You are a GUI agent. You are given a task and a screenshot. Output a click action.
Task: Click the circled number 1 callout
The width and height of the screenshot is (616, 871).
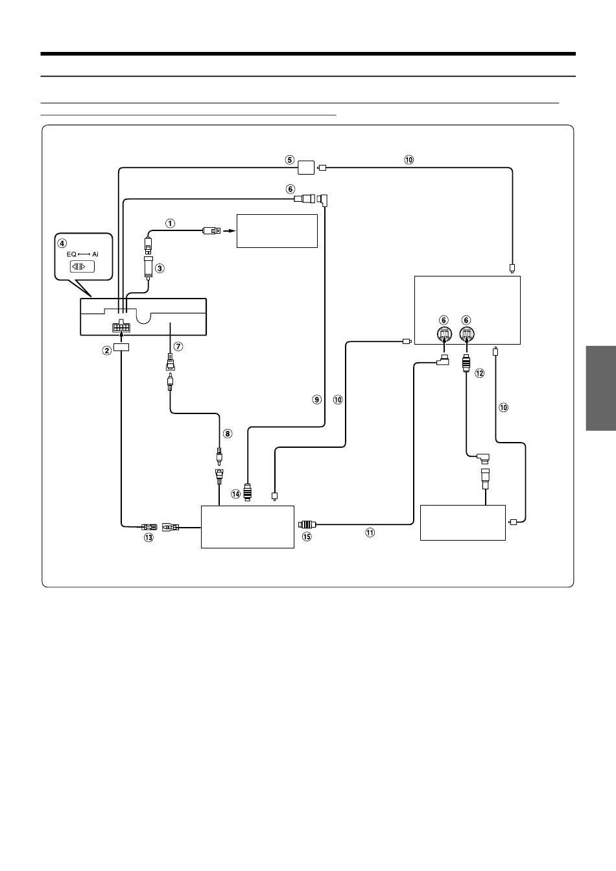(x=170, y=223)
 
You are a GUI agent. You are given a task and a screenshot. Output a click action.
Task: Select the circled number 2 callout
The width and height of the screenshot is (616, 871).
(x=107, y=350)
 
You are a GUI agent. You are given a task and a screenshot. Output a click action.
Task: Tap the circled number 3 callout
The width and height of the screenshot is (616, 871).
(x=160, y=268)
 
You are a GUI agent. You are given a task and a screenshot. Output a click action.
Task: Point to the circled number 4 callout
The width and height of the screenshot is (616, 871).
(x=62, y=243)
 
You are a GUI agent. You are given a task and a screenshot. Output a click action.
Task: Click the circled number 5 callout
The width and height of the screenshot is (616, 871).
(x=289, y=160)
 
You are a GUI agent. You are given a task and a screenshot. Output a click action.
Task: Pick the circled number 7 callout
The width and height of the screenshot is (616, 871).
(x=178, y=347)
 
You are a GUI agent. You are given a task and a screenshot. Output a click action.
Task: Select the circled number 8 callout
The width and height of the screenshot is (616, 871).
(x=228, y=434)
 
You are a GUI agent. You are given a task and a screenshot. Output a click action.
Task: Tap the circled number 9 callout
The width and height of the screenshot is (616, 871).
(x=317, y=400)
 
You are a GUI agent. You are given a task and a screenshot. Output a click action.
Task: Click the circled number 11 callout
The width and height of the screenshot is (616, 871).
(x=370, y=533)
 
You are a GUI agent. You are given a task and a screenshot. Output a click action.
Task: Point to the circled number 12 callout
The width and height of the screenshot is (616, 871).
(x=480, y=373)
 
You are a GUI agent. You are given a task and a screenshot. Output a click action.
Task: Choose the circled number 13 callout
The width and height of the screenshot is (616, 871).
(x=148, y=537)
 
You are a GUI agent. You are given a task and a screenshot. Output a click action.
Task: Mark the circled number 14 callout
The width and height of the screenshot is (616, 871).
(x=236, y=494)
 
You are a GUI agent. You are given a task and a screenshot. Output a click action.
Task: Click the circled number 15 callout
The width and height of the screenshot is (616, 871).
(x=307, y=537)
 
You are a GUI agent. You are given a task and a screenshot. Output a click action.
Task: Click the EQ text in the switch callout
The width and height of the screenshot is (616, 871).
(x=71, y=254)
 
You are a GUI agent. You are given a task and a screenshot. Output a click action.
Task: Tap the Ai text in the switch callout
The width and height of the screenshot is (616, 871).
(x=95, y=254)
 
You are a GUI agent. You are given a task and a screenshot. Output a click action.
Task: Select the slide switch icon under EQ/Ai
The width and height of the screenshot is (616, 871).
(x=82, y=267)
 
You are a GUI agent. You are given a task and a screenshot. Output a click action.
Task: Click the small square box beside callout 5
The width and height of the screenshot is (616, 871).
(x=306, y=167)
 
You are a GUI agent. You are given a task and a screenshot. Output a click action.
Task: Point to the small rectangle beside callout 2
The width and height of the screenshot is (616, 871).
(x=121, y=347)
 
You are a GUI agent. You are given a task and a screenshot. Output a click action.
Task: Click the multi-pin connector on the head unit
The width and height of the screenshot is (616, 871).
(x=121, y=326)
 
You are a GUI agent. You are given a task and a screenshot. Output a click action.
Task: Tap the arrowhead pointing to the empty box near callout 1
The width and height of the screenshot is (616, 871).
(x=231, y=231)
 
